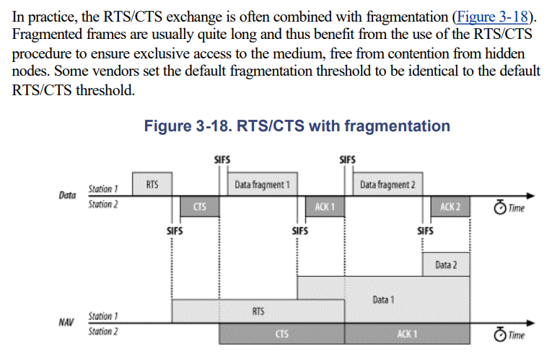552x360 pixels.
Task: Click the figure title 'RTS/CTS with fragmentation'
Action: point(297,126)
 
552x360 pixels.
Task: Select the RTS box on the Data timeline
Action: point(152,185)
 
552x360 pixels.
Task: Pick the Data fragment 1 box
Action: point(263,185)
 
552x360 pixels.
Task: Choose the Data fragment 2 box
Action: point(387,185)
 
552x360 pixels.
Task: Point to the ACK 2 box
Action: point(450,206)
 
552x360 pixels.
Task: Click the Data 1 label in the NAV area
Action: point(383,299)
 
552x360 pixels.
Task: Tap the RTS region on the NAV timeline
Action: point(258,311)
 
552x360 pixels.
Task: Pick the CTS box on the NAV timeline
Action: point(282,334)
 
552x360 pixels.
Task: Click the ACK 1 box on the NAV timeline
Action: point(407,334)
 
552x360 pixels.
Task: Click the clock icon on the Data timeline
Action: point(500,208)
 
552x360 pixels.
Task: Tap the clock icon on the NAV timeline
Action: point(500,335)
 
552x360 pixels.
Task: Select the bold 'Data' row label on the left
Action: point(67,196)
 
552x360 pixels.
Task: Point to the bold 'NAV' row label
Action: point(67,323)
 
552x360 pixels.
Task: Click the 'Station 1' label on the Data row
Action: point(103,189)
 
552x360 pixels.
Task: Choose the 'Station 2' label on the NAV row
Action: point(103,331)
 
